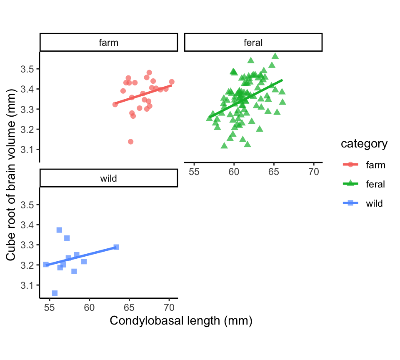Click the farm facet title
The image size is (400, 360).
[x=108, y=42]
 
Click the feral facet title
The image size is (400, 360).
[x=253, y=42]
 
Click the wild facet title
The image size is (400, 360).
[x=108, y=178]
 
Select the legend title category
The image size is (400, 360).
[x=364, y=144]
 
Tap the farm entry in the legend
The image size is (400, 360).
[x=375, y=165]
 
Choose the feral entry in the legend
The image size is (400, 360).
[x=375, y=184]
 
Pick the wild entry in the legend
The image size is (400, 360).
[x=374, y=203]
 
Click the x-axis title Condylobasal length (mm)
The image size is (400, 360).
[x=181, y=321]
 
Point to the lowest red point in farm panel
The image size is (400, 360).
[x=130, y=142]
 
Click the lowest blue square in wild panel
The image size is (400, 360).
[x=55, y=293]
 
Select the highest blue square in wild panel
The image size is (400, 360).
[x=59, y=230]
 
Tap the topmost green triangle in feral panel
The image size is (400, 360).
[x=275, y=56]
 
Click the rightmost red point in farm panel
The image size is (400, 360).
[x=172, y=82]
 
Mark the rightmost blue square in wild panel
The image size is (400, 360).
[x=116, y=247]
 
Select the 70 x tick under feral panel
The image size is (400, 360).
[x=313, y=171]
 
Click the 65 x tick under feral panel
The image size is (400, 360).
[x=274, y=171]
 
